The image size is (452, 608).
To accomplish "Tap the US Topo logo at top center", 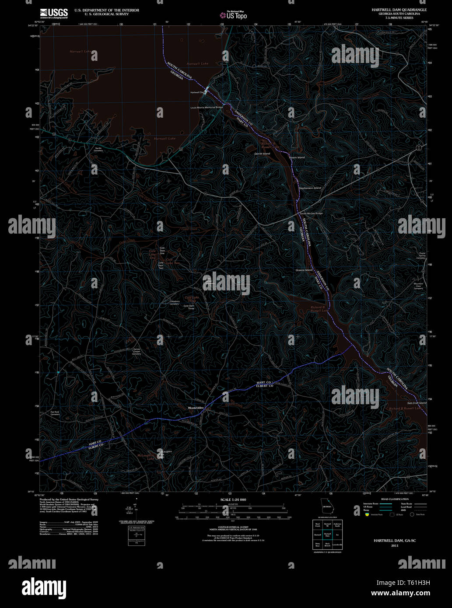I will tap(233, 15).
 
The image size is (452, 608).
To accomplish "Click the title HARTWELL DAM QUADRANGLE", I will tap(399, 10).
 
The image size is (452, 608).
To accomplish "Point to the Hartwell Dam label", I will tap(198, 93).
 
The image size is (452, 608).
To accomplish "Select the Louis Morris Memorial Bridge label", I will tap(207, 107).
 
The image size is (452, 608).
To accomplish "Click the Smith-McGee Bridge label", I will tap(311, 213).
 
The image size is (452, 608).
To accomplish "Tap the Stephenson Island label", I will tap(310, 188).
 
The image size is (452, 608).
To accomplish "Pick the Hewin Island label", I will tap(297, 157).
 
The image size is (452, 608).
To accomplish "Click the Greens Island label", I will tap(304, 270).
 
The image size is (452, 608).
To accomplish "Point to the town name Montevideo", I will tap(196, 408).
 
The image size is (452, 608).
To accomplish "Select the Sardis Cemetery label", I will tap(98, 149).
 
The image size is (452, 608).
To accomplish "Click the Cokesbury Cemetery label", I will tap(175, 302).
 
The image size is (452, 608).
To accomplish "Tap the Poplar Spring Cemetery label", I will tap(420, 255).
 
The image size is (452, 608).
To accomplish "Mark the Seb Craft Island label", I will tap(417, 403).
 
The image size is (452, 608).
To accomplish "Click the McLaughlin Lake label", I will tap(145, 457).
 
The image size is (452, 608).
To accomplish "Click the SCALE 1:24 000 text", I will tap(233, 500).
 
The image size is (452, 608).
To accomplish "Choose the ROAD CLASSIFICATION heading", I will tap(395, 499).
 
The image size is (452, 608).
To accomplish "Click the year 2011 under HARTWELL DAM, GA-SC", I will tap(395, 546).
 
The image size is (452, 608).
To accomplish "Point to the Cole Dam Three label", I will tap(189, 307).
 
